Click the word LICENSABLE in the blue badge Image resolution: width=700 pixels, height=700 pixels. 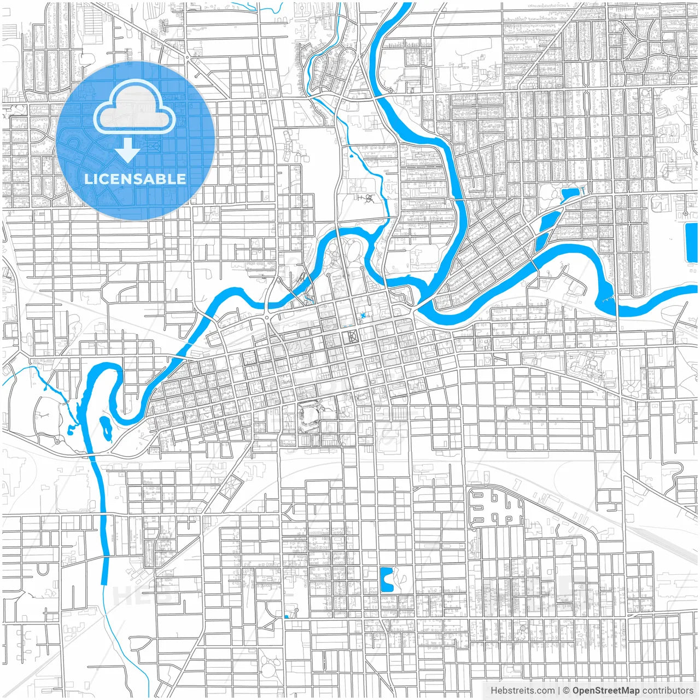pyautogui.click(x=135, y=179)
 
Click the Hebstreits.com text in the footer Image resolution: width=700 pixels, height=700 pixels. pyautogui.click(x=522, y=691)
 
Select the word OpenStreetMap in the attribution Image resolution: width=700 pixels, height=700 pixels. pyautogui.click(x=606, y=691)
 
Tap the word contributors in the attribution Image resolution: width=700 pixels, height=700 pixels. pyautogui.click(x=668, y=691)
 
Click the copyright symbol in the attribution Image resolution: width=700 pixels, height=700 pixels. pyautogui.click(x=567, y=691)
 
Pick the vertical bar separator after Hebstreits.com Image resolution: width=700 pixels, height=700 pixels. pyautogui.click(x=558, y=691)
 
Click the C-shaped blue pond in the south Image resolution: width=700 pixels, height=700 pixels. pyautogui.click(x=386, y=580)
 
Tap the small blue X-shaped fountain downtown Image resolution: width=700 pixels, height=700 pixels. pyautogui.click(x=363, y=316)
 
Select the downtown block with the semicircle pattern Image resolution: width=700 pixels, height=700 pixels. pyautogui.click(x=350, y=336)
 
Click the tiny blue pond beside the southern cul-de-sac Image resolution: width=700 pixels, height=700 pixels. pyautogui.click(x=287, y=617)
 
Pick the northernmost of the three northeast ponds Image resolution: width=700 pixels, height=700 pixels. pyautogui.click(x=570, y=194)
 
